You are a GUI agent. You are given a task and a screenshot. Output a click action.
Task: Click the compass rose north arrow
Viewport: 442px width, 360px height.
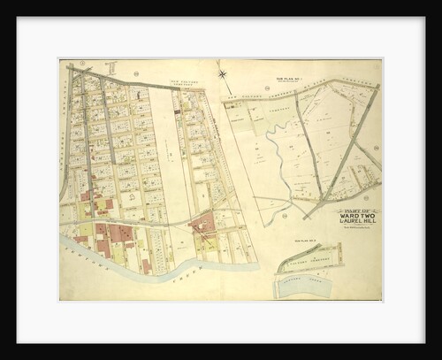click(x=222, y=74)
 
